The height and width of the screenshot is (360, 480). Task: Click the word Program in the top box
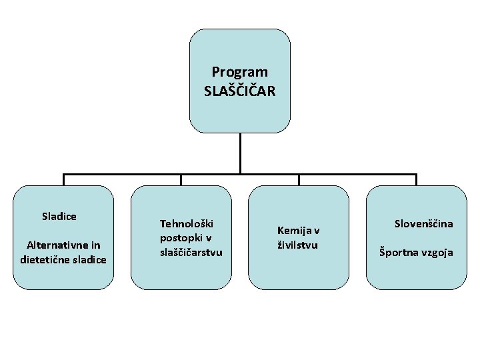[x=239, y=71]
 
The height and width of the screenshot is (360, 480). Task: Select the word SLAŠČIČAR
[x=239, y=91]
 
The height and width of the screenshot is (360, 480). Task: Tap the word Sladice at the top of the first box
[x=59, y=216]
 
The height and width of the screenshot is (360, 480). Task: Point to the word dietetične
[x=45, y=259]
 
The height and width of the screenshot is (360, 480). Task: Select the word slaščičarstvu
[x=191, y=252]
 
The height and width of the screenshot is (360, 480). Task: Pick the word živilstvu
[x=297, y=245]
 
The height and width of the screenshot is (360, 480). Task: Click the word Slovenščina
[x=423, y=223]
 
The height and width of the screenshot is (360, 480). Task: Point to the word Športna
[x=401, y=252]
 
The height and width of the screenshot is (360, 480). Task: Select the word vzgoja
[x=438, y=253]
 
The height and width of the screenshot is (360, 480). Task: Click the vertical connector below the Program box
[x=240, y=154]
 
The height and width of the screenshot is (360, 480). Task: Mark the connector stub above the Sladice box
[x=64, y=180]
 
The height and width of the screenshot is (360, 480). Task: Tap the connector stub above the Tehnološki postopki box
[x=181, y=180]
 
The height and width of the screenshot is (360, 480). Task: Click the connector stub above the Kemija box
[x=299, y=180]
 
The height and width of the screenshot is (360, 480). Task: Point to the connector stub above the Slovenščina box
[x=416, y=180]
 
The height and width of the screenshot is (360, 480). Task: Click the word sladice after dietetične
[x=89, y=259]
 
